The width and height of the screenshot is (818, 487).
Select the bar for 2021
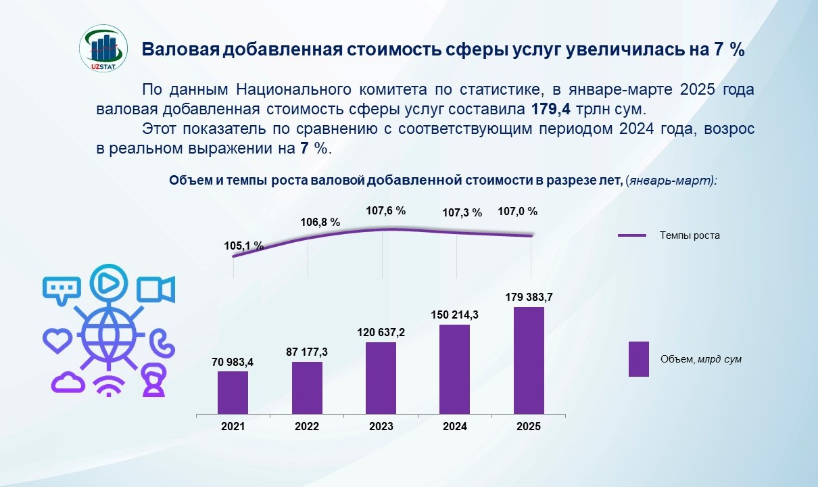pos(233,392)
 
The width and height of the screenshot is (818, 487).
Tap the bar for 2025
pos(529,361)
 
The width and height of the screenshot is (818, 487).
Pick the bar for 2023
pos(381,378)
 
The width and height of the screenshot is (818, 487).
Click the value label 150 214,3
pos(454,315)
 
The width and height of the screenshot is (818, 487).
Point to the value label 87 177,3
pos(307,352)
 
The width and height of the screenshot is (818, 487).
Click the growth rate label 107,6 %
pos(385,211)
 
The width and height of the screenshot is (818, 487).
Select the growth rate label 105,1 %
pos(243,246)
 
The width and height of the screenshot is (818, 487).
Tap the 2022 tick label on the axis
pos(307,427)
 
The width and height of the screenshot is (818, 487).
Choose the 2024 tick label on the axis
pos(454,427)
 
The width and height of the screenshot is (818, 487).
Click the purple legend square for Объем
pos(638,358)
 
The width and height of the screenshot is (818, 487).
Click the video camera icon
pos(155,289)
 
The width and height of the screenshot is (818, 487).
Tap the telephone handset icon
pos(160,342)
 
